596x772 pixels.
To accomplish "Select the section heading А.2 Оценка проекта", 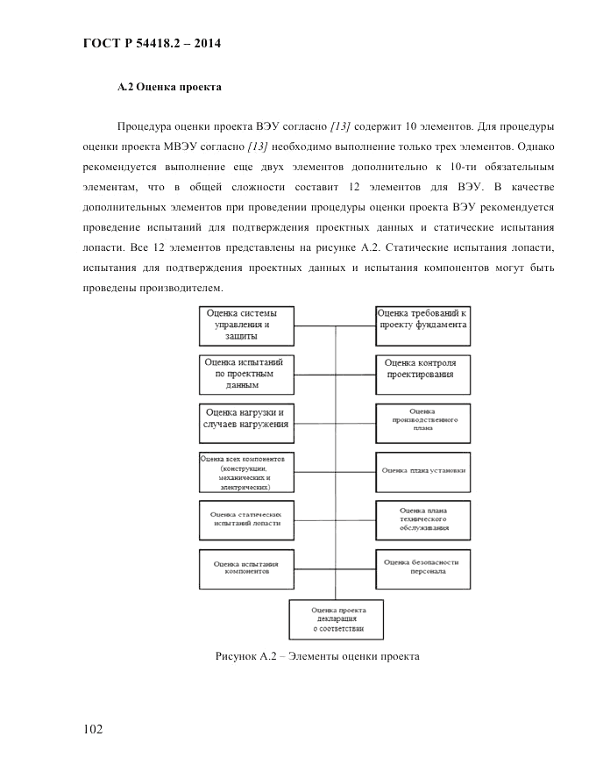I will click(x=170, y=88).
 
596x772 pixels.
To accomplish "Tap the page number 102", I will click(x=96, y=729).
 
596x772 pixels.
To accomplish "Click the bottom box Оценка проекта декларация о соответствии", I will click(x=337, y=618).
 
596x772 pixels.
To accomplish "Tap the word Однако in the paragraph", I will click(x=533, y=146).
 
